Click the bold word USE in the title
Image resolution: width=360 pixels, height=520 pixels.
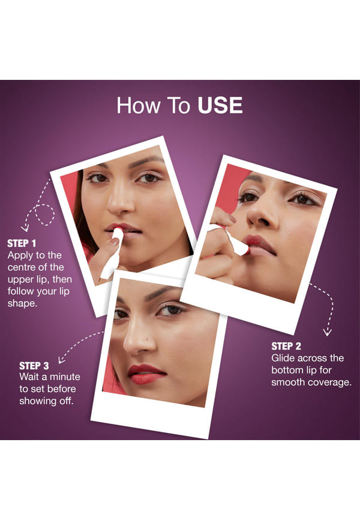click(x=220, y=106)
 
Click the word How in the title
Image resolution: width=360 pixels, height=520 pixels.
click(x=138, y=106)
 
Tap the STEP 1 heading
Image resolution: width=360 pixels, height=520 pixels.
click(x=22, y=243)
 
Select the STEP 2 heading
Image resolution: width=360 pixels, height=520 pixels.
click(x=286, y=346)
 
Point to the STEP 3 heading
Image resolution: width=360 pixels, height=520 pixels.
click(x=34, y=366)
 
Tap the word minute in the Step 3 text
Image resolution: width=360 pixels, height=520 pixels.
click(x=65, y=376)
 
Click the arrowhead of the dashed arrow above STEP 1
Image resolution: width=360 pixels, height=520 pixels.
click(x=25, y=228)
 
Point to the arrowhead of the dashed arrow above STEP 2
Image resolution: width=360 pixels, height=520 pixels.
click(x=328, y=333)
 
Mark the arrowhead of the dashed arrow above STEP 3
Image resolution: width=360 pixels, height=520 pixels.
click(x=61, y=360)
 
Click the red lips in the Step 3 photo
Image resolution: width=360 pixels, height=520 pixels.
click(x=146, y=374)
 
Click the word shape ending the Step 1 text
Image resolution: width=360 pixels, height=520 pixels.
click(x=21, y=304)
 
